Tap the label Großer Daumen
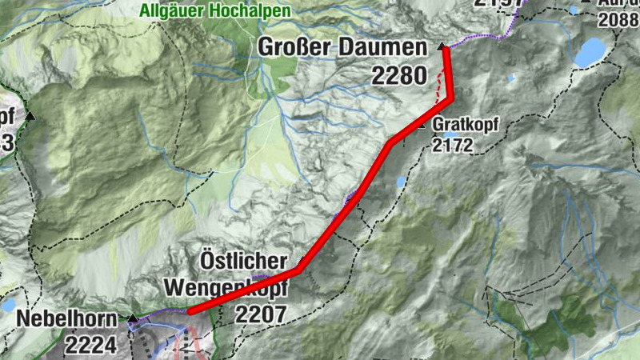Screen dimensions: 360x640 (342, 48)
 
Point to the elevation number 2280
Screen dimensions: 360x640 (398, 76)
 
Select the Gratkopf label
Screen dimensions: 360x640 (460, 126)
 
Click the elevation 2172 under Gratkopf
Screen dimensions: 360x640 (453, 146)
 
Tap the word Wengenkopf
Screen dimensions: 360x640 (224, 286)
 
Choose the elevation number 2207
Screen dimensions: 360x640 (260, 314)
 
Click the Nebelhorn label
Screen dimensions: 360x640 (59, 320)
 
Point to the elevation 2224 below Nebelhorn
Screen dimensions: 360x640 (92, 346)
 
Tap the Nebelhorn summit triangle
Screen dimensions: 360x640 (132, 318)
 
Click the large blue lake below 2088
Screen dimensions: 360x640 (591, 53)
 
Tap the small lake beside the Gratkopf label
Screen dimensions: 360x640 (401, 182)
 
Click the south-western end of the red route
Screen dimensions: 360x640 (189, 311)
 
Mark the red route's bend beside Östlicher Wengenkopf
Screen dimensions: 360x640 (298, 270)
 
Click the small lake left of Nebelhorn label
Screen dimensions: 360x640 (8, 305)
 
